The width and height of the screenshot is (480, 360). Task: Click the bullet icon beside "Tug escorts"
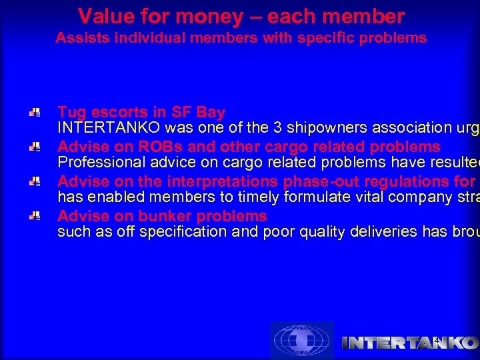(x=35, y=113)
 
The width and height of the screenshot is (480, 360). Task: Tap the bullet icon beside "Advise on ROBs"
(x=35, y=147)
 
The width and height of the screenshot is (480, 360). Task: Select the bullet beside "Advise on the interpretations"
(x=35, y=182)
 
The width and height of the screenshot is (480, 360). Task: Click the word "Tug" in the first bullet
(x=71, y=112)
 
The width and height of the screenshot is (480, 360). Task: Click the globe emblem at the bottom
(x=301, y=341)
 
